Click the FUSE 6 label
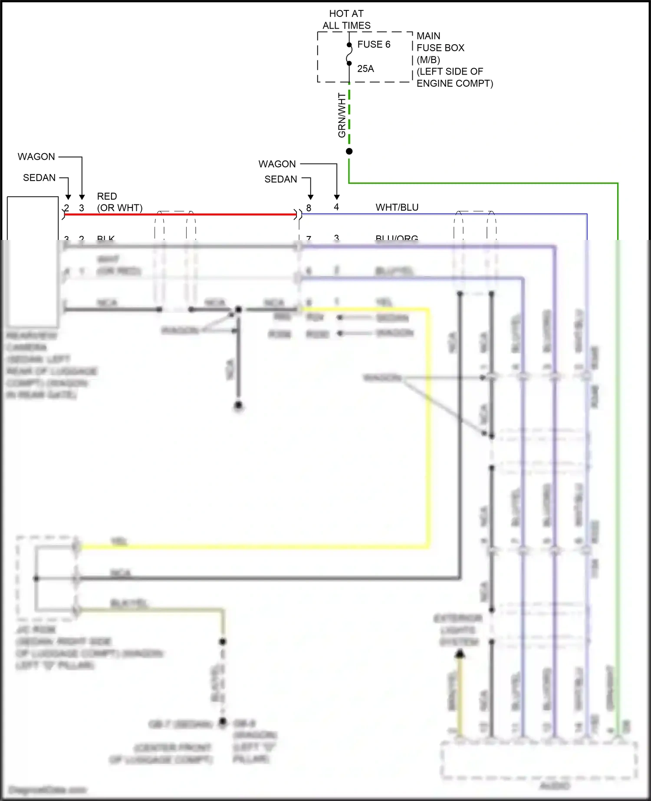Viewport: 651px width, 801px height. (x=374, y=44)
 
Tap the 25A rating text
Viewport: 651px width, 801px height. (x=365, y=69)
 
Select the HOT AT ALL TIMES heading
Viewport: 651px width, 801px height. (x=346, y=20)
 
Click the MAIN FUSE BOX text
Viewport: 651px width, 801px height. (x=440, y=42)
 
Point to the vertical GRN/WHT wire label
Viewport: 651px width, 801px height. (x=342, y=115)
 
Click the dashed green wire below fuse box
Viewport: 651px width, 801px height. (x=349, y=117)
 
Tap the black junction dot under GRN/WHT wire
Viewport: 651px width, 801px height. (x=349, y=151)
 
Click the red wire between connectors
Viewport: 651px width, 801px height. (x=180, y=214)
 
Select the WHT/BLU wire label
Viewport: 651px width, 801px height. (x=397, y=207)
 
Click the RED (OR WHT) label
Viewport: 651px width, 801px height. (x=119, y=202)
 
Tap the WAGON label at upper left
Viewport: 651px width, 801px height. (x=36, y=157)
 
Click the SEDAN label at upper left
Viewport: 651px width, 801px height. (x=39, y=178)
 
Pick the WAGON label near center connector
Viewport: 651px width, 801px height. (x=277, y=164)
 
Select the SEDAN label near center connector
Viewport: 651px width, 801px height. (x=281, y=179)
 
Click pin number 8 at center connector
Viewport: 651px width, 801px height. (x=309, y=208)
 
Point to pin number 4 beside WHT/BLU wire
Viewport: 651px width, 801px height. (x=336, y=207)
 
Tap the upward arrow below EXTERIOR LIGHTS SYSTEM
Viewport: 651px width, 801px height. (x=460, y=654)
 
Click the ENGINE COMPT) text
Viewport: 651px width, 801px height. (x=455, y=83)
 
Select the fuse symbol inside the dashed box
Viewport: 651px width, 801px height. (x=349, y=54)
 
